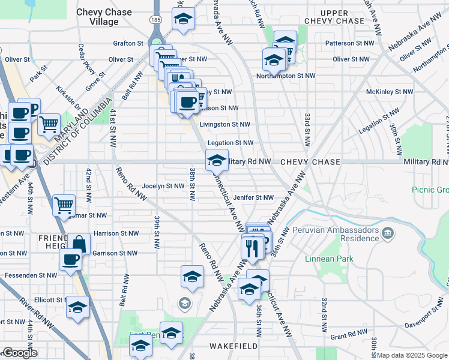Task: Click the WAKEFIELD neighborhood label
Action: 234,346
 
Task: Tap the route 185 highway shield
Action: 156,20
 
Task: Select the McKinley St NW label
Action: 390,92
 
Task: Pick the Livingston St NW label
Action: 224,124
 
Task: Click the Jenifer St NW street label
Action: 253,197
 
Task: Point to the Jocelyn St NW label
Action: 163,186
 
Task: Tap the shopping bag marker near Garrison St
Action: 79,242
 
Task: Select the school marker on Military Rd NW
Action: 217,159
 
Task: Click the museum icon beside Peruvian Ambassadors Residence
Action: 388,232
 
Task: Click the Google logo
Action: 20,353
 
